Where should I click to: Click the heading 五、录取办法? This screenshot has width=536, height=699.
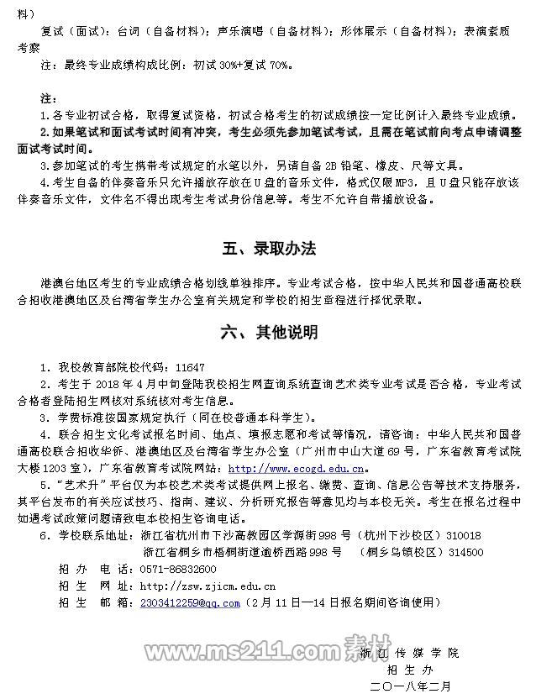coord(269,249)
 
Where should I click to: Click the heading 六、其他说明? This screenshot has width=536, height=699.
coord(269,333)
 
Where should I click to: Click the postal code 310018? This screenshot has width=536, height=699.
coord(463,535)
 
